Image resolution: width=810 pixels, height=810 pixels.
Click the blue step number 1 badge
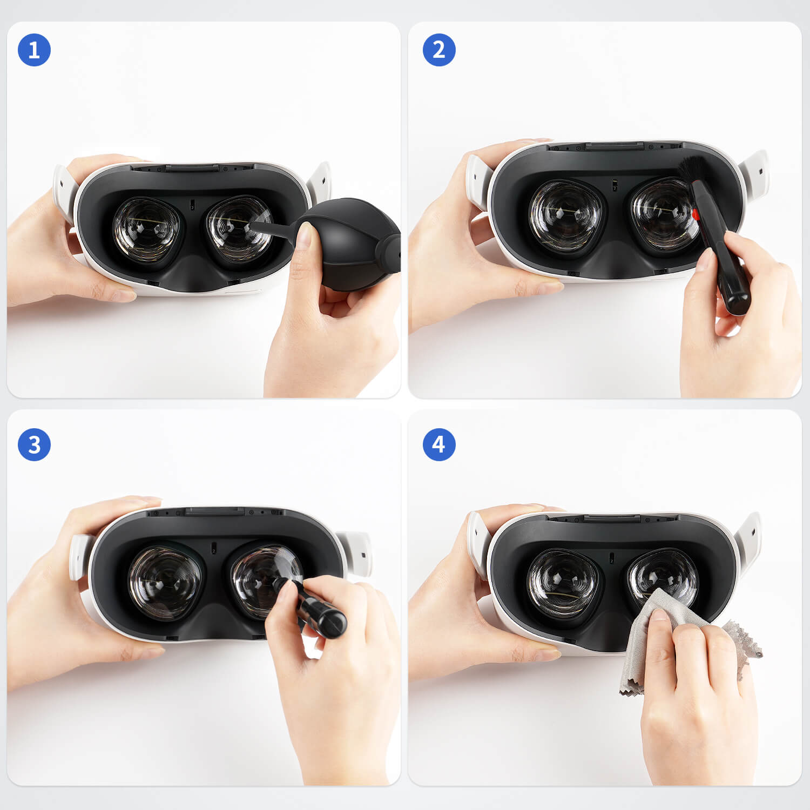pos(34,50)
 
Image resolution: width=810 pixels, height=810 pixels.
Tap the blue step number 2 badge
pos(439,50)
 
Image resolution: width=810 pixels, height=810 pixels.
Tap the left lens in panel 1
pos(146,230)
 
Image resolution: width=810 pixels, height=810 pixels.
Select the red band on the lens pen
pos(696,214)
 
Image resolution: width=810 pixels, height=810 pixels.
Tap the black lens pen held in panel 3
pos(310,607)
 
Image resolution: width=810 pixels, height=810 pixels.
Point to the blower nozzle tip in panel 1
pos(253,222)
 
